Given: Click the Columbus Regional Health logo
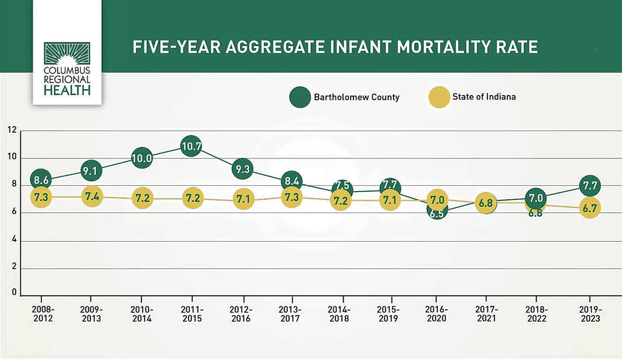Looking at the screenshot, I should (x=67, y=68).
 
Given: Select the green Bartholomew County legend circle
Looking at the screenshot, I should (x=301, y=97).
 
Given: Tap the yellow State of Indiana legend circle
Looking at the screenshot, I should (x=439, y=97).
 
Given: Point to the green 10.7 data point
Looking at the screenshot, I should (x=191, y=146).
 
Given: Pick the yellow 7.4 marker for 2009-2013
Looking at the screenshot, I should (x=91, y=196).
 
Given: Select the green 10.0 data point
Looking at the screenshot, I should (x=142, y=158).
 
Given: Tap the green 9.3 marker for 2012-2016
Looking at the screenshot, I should (x=242, y=170).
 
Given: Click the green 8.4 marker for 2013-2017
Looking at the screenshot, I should (x=291, y=181).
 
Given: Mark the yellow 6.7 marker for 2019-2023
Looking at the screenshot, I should (x=590, y=208).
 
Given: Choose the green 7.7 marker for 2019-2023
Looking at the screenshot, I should (x=590, y=186).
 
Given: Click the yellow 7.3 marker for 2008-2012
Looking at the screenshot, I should (x=41, y=197).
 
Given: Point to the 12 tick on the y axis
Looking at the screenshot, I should (x=12, y=129).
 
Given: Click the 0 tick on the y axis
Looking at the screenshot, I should (x=14, y=293).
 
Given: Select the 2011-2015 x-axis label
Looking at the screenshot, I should (x=192, y=314).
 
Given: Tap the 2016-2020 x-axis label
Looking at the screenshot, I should (x=437, y=314).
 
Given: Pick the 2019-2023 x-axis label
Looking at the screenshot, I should (x=590, y=314).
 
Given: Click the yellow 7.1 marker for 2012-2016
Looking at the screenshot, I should (x=242, y=199).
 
